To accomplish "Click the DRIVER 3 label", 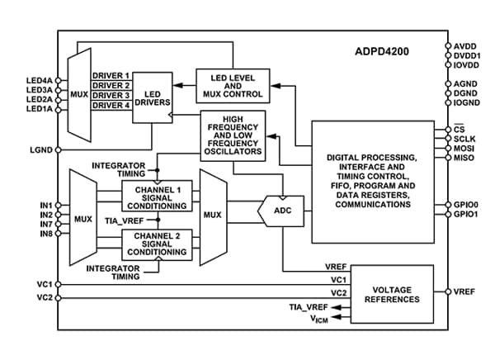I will [111, 95].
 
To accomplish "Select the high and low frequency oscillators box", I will [234, 134].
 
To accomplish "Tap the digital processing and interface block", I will [372, 181].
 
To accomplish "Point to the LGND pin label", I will [40, 149].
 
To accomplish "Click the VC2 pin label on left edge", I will [44, 297].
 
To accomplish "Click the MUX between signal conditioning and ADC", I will [212, 219].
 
